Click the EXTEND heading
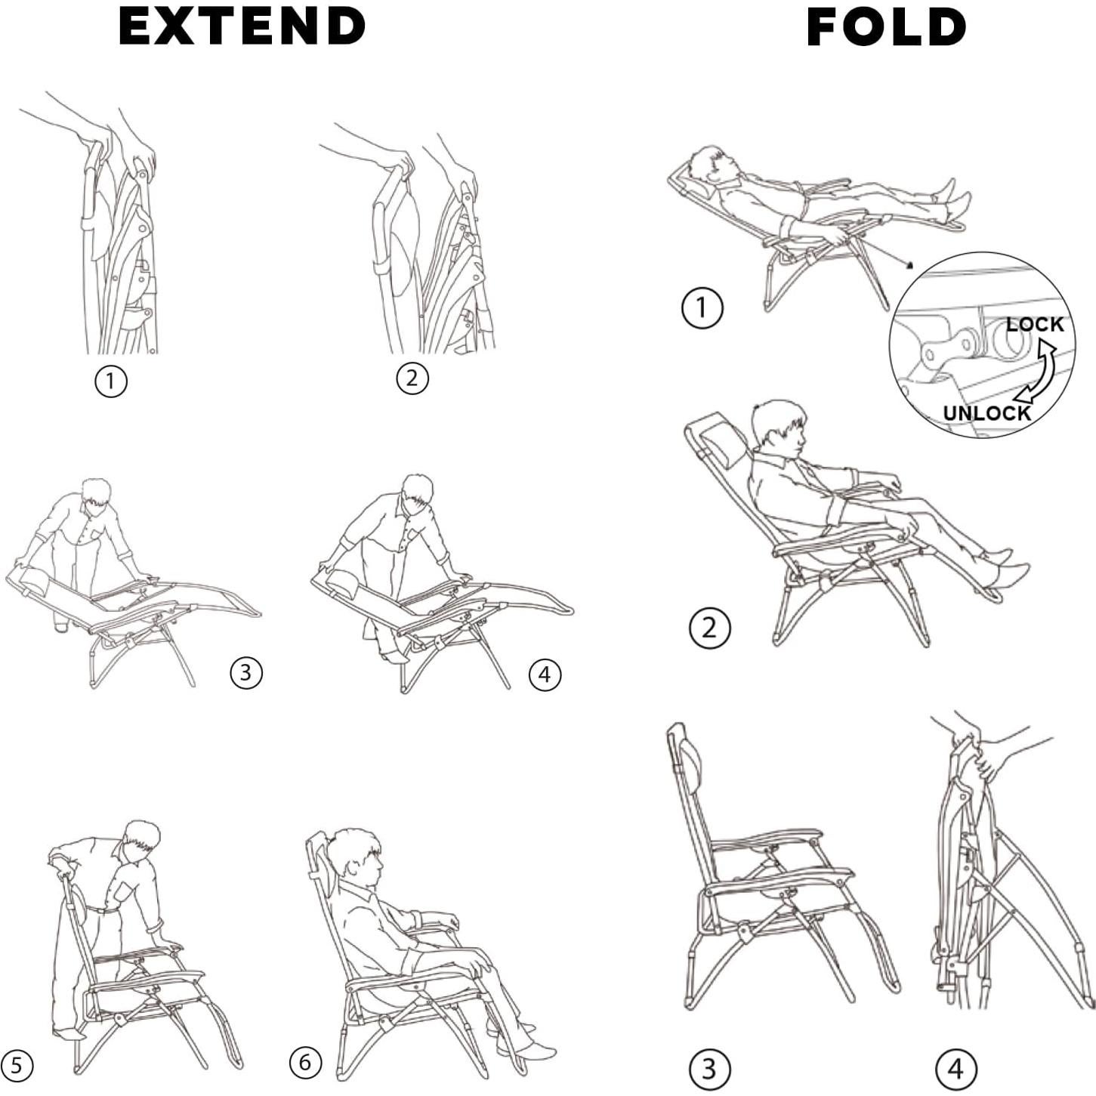(x=242, y=26)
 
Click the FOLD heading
(x=886, y=27)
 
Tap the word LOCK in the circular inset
(x=1034, y=324)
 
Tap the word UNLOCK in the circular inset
(x=986, y=413)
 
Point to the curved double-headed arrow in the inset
(x=1039, y=371)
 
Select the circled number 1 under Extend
(x=110, y=381)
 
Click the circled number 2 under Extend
(x=412, y=378)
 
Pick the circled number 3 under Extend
(x=245, y=672)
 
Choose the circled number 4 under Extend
(x=545, y=675)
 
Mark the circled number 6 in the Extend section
(x=305, y=1063)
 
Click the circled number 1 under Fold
(x=702, y=308)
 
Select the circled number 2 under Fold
(x=709, y=628)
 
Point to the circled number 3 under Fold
(x=709, y=1069)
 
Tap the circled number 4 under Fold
(x=956, y=1069)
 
